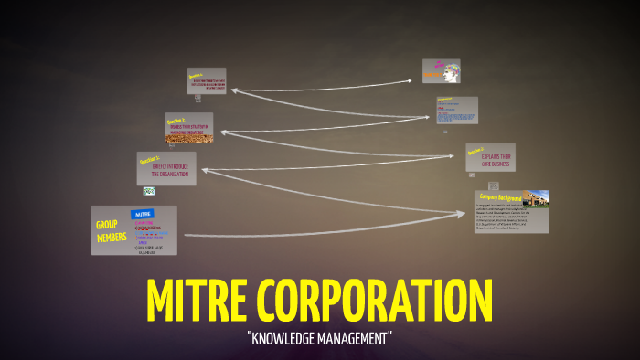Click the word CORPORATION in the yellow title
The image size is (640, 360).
pyautogui.click(x=376, y=299)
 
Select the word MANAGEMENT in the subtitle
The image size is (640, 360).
pyautogui.click(x=357, y=338)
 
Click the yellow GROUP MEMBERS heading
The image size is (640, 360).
pyautogui.click(x=108, y=230)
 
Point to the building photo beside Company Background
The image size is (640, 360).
pyautogui.click(x=536, y=198)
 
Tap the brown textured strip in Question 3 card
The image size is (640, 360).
pyautogui.click(x=189, y=139)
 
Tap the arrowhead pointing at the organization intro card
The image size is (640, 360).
pyautogui.click(x=203, y=168)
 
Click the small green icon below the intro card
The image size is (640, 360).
pyautogui.click(x=148, y=191)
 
